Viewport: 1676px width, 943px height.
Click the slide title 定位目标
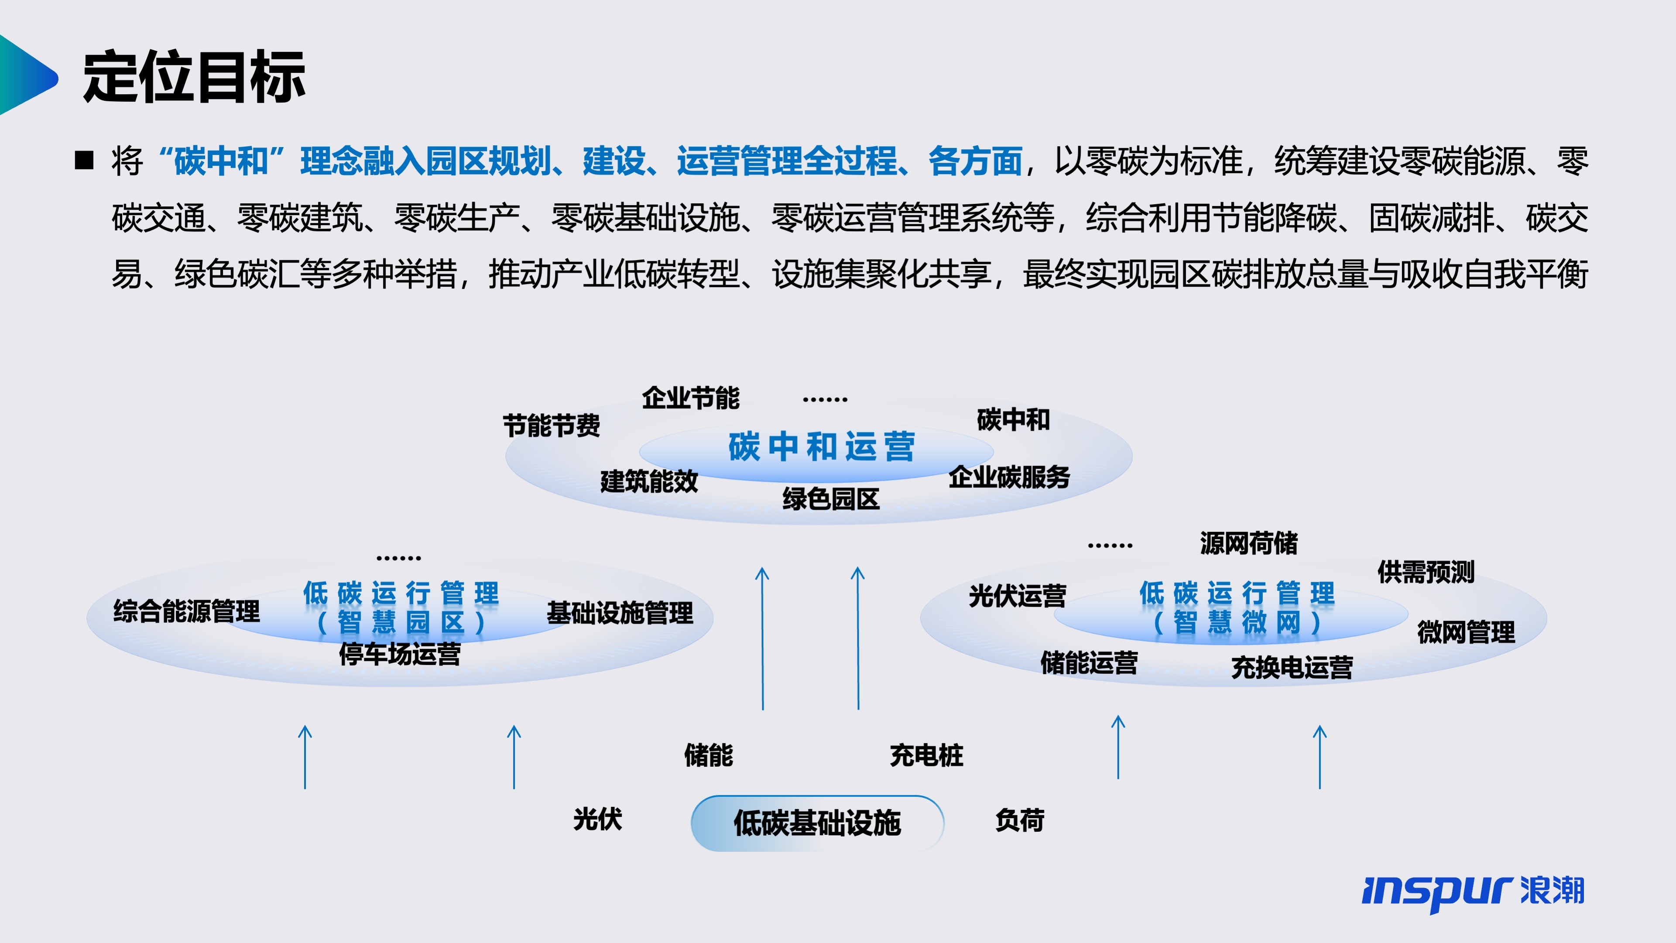click(x=194, y=77)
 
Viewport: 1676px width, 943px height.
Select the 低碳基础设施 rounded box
click(x=817, y=823)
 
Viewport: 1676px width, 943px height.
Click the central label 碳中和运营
click(x=821, y=447)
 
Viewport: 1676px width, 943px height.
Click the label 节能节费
click(x=551, y=425)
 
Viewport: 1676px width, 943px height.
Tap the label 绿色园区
click(x=831, y=499)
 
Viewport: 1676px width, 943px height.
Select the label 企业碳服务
click(x=1009, y=477)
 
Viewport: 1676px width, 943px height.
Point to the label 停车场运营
click(x=400, y=653)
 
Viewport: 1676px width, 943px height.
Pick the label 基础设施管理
click(x=620, y=612)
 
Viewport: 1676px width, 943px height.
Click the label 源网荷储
click(x=1248, y=543)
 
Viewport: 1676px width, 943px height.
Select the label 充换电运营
click(x=1292, y=668)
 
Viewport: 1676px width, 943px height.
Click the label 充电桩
click(x=926, y=755)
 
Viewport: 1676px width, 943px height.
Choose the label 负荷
click(x=1020, y=820)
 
